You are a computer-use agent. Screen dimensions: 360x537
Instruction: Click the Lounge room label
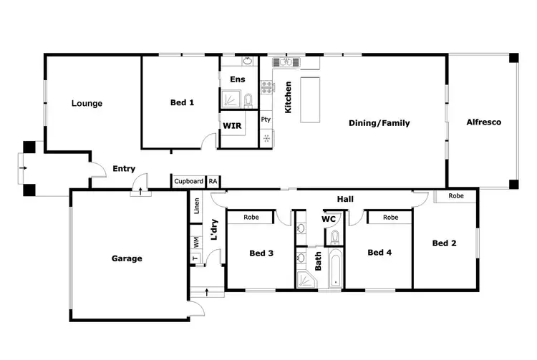click(x=87, y=103)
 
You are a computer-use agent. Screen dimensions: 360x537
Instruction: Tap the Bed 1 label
click(x=182, y=102)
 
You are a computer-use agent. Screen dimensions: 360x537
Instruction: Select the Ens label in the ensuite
click(x=237, y=79)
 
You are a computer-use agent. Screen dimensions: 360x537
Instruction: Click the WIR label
click(x=232, y=125)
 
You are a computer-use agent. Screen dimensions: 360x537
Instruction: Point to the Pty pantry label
click(x=266, y=120)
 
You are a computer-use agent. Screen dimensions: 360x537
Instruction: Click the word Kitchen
click(x=289, y=98)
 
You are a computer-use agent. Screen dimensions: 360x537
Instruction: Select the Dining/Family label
click(x=379, y=123)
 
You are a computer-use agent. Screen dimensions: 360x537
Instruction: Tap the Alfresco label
click(x=483, y=122)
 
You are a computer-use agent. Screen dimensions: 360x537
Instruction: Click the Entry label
click(x=124, y=169)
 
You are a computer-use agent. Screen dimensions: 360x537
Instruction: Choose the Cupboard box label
click(x=188, y=182)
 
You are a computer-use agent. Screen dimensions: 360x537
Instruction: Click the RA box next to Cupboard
click(x=213, y=182)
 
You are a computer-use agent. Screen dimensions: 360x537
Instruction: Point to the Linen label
click(x=196, y=206)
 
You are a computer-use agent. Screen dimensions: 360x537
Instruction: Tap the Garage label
click(x=126, y=258)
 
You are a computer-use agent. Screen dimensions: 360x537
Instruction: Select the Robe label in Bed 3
click(x=251, y=217)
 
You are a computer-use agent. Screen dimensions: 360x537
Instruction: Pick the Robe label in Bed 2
click(x=455, y=195)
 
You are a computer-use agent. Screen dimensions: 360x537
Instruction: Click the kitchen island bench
click(x=311, y=100)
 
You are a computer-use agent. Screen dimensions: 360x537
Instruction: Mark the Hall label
click(x=346, y=199)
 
